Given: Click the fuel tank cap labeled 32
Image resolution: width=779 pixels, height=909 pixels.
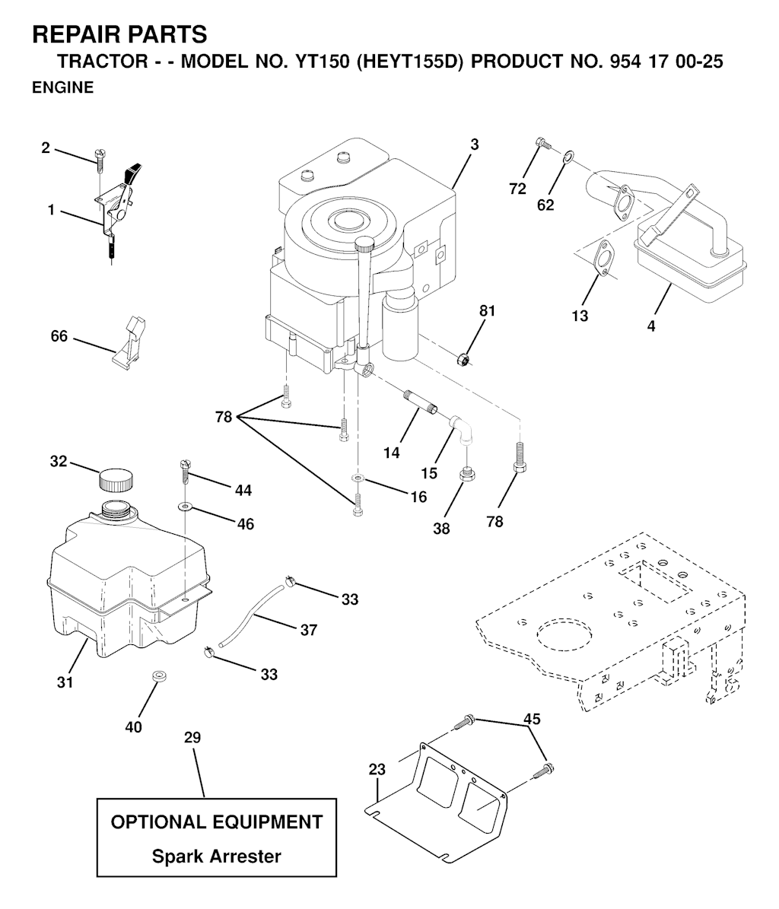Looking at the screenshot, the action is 116,480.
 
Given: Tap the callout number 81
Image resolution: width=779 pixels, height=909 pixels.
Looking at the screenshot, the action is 488,311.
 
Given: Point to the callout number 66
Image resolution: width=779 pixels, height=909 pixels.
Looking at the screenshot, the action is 59,336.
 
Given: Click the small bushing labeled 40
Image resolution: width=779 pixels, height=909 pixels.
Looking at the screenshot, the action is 157,676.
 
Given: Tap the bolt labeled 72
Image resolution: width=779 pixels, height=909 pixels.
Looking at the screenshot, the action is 542,142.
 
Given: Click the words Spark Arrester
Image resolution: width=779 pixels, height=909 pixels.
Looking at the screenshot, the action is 216,857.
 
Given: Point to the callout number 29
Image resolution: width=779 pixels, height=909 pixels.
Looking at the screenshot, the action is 192,737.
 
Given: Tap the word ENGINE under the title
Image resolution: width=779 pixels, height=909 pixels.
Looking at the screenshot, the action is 62,87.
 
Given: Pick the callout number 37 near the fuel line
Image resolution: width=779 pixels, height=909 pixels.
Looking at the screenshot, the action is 308,630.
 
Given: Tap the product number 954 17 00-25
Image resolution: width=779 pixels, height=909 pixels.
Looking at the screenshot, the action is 666,62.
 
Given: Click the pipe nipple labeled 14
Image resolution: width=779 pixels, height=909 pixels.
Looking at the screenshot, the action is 417,400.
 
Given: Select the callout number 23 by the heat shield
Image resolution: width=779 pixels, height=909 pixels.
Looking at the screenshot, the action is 377,769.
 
